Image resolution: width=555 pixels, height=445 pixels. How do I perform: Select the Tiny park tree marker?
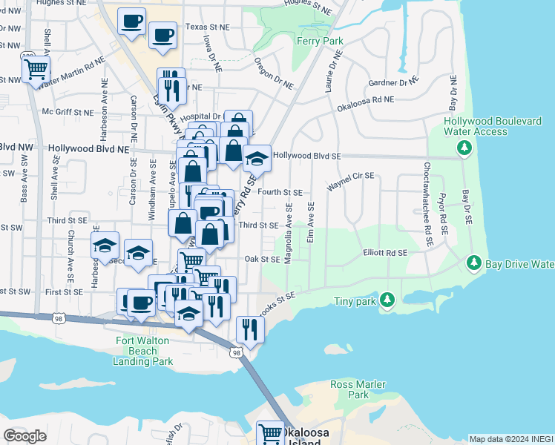(387, 300)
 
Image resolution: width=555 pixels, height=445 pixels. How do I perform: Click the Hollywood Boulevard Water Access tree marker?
(464, 148)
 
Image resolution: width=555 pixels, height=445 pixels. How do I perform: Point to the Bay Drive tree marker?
(473, 263)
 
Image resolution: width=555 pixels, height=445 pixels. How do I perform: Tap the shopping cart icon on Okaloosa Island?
(270, 433)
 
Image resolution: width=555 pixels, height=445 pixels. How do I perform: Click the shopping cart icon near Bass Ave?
(36, 70)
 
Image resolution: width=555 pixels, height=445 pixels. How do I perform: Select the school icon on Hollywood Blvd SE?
(257, 159)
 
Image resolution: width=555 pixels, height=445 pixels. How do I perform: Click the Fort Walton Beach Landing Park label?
(144, 352)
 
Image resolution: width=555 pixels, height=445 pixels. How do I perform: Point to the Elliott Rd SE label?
(385, 253)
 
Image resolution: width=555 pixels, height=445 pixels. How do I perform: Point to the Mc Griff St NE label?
(68, 113)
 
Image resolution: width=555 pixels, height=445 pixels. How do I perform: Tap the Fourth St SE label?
(280, 192)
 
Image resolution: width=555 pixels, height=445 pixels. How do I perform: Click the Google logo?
(25, 435)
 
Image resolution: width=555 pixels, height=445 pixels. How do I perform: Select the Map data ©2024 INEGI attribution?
(511, 439)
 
